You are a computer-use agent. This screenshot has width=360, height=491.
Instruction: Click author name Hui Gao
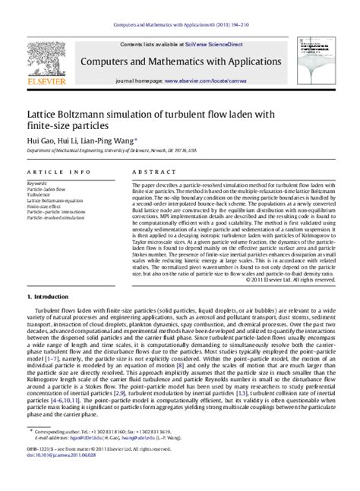tap(39, 140)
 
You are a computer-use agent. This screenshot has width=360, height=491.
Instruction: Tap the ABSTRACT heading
tap(150, 173)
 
